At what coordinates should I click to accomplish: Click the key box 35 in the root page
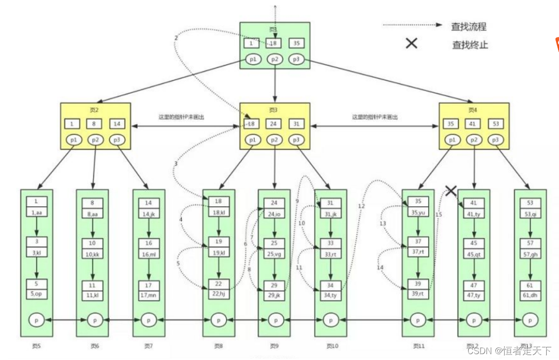coord(296,43)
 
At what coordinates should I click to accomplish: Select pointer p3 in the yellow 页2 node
coord(117,140)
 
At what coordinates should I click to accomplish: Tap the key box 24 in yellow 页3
coord(274,124)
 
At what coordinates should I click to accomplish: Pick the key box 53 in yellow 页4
coord(496,124)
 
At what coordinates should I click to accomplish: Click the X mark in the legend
coord(412,44)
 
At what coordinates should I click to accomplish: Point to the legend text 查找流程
coord(469,27)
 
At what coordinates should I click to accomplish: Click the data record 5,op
coord(37,294)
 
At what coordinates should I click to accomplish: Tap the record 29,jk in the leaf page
coord(274,295)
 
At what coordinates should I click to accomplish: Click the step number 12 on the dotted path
coord(361,206)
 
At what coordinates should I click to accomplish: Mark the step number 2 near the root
coord(176,38)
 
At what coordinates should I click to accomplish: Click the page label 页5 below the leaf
coord(36,346)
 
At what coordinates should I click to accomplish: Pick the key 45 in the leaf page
coord(474,243)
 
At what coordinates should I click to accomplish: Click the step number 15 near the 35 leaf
coord(438,215)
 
